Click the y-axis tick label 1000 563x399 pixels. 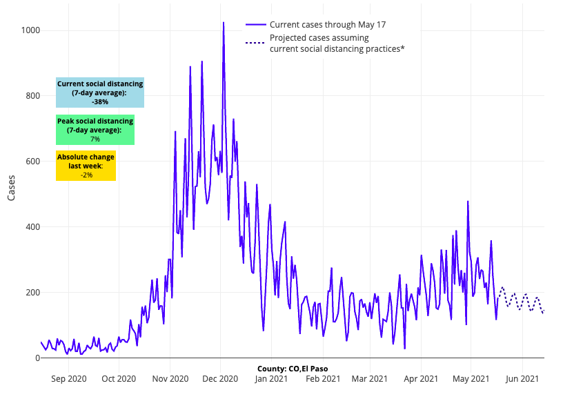(30, 30)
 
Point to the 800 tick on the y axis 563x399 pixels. (32, 96)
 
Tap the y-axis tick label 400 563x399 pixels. (32, 227)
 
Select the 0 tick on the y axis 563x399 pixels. (37, 358)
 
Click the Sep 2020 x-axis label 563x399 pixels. (69, 378)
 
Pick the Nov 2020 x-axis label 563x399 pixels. (170, 378)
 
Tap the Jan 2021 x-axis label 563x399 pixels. (271, 378)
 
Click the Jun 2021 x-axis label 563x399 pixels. (522, 378)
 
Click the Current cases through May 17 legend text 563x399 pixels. (328, 25)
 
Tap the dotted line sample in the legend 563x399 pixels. (255, 43)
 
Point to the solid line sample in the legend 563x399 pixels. (255, 25)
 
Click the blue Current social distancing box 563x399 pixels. (100, 93)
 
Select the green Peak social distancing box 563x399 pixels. (95, 130)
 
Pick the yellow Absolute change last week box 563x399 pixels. (86, 166)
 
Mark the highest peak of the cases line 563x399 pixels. (224, 23)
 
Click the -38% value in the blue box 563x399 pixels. (100, 101)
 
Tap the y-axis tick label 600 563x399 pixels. (32, 162)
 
